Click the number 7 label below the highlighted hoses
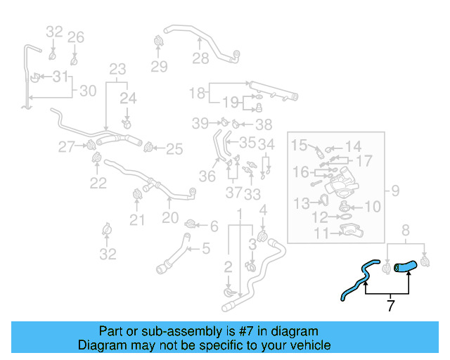pyautogui.click(x=391, y=305)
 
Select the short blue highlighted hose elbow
pyautogui.click(x=406, y=266)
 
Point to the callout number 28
pyautogui.click(x=200, y=58)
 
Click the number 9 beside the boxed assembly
pyautogui.click(x=395, y=189)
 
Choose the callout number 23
pyautogui.click(x=117, y=69)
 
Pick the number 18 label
pyautogui.click(x=197, y=92)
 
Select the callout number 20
pyautogui.click(x=170, y=218)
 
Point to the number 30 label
pyautogui.click(x=87, y=91)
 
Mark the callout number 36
pyautogui.click(x=207, y=176)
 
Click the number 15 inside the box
pyautogui.click(x=300, y=146)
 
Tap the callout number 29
pyautogui.click(x=159, y=67)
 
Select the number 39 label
pyautogui.click(x=200, y=124)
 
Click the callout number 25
pyautogui.click(x=174, y=148)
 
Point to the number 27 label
pyautogui.click(x=66, y=147)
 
